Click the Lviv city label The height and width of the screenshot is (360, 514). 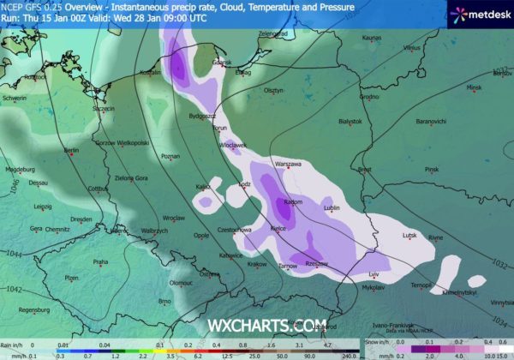[374, 273]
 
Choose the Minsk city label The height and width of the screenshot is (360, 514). [475, 87]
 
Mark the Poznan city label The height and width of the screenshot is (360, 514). [170, 157]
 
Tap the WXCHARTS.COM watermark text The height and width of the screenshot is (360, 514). [256, 326]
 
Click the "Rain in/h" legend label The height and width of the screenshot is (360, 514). [13, 344]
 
